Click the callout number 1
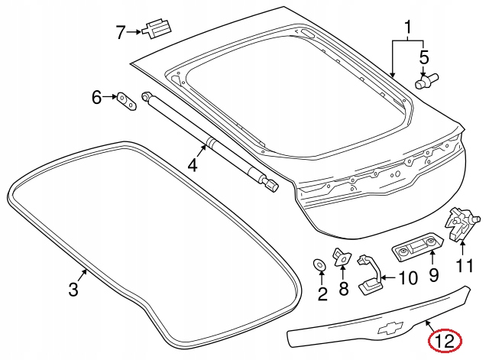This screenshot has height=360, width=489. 408,29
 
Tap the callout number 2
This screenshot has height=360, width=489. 322,292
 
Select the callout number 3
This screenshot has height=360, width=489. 73,290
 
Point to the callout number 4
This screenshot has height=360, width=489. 193,164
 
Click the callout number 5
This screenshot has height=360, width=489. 424,57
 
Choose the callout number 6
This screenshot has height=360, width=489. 97,98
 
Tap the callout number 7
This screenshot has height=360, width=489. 120,32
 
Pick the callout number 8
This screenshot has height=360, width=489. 343,288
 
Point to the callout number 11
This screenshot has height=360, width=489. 465,266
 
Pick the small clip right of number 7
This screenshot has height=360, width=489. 157,30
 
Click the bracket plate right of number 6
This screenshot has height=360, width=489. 126,101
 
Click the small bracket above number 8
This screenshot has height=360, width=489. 341,258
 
